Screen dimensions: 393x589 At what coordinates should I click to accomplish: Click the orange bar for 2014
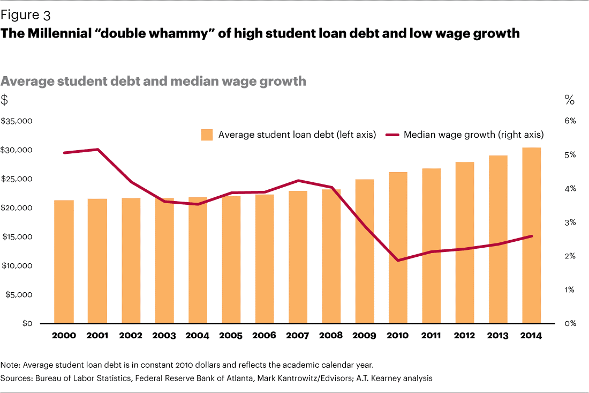tap(532, 236)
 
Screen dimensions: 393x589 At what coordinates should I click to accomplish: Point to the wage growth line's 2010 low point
tap(398, 261)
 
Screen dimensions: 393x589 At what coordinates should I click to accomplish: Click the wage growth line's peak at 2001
tap(97, 149)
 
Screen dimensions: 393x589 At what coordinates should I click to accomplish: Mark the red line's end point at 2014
tap(532, 236)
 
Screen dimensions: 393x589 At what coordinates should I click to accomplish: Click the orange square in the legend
tap(207, 135)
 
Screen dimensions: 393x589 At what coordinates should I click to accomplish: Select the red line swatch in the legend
tap(392, 135)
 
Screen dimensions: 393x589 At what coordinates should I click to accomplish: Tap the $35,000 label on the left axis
tap(17, 121)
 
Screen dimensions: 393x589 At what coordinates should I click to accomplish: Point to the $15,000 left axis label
tap(17, 237)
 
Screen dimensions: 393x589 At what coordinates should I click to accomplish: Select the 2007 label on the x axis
tap(298, 336)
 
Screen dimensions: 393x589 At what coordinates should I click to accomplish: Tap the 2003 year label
tap(164, 336)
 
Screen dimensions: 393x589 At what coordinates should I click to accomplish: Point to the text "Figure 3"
tap(25, 15)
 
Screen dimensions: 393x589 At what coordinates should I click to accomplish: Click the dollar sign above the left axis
tap(5, 100)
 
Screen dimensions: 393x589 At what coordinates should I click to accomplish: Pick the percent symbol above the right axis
tap(569, 100)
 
